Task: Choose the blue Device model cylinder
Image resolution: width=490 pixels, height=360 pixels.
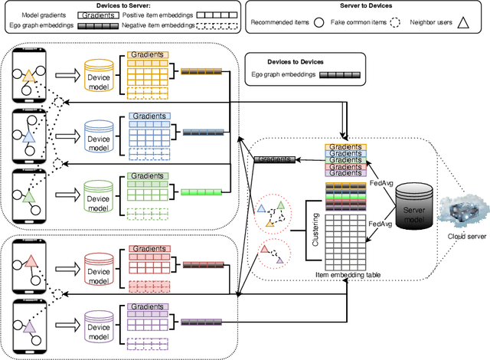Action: point(99,135)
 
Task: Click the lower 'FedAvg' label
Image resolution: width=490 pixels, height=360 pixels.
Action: point(380,224)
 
